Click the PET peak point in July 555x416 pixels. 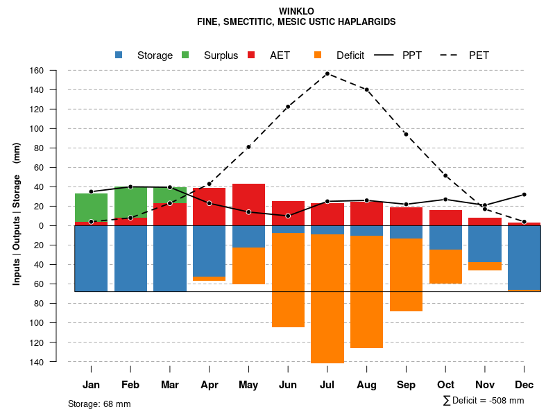327,73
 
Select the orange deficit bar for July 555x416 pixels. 327,298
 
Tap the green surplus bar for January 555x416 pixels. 91,207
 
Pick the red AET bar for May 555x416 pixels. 248,205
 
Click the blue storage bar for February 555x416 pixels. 130,258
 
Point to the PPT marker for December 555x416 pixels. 524,195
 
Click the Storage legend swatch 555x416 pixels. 120,55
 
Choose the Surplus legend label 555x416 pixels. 221,55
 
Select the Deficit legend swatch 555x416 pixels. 319,55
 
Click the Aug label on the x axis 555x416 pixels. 366,385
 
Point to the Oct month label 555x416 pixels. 445,385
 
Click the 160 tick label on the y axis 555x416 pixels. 55,71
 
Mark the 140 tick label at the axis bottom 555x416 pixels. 55,362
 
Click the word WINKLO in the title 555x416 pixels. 296,11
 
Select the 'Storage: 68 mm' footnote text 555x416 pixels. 99,404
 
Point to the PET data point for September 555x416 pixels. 406,135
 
